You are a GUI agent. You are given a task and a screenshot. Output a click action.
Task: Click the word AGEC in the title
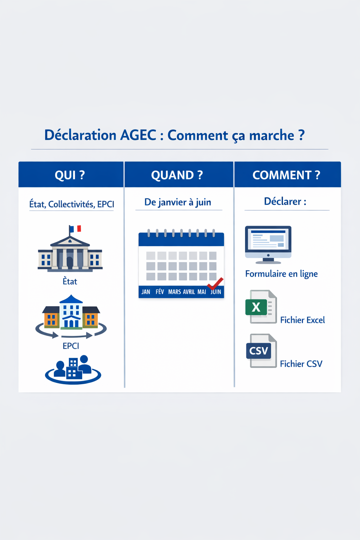pos(138,135)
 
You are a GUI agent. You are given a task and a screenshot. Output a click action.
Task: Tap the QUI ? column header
pos(70,175)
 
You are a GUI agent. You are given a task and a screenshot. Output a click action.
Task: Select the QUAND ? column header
pos(177,175)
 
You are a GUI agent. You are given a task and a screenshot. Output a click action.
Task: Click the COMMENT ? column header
pos(286,175)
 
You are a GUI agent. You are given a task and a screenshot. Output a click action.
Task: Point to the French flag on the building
pos(75,229)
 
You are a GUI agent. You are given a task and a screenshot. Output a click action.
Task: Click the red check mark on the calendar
pos(215,283)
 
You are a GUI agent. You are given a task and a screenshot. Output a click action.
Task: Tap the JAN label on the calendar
pos(146,292)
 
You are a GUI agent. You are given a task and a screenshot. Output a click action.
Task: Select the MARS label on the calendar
pos(174,292)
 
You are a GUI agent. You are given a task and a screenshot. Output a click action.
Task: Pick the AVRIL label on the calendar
pos(189,292)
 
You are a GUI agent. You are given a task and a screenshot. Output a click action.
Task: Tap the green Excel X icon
pos(256,307)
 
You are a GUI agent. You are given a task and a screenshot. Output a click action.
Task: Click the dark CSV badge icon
pos(259,351)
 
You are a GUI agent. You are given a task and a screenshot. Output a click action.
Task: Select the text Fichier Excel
pos(302,320)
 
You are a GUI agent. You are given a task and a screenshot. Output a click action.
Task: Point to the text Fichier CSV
pos(301,364)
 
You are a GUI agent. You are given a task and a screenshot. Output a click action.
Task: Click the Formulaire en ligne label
pos(281,274)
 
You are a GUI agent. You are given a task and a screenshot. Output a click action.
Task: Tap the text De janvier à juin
pos(178,202)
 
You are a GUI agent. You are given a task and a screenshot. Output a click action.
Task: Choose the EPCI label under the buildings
pos(71,346)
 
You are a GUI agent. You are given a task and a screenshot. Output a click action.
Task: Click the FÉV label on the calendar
pos(160,292)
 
